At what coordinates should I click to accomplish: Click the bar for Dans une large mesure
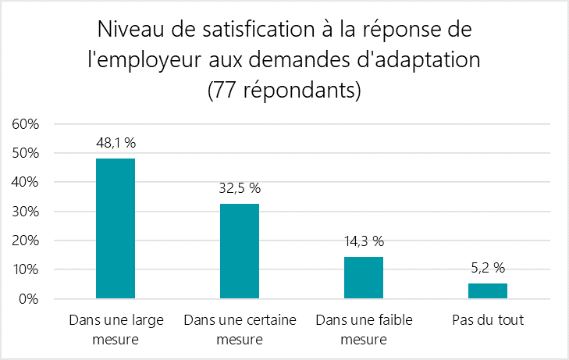[x=116, y=228]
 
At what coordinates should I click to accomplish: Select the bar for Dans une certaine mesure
[x=240, y=251]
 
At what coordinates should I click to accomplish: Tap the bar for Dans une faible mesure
[x=364, y=277]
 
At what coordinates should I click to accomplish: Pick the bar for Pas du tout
[x=488, y=290]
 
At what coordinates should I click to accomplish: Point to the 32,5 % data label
[x=240, y=188]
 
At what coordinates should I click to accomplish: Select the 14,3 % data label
[x=364, y=241]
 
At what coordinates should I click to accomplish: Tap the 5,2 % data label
[x=488, y=268]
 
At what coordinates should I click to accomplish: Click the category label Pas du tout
[x=488, y=320]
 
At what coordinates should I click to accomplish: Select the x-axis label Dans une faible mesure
[x=364, y=330]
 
